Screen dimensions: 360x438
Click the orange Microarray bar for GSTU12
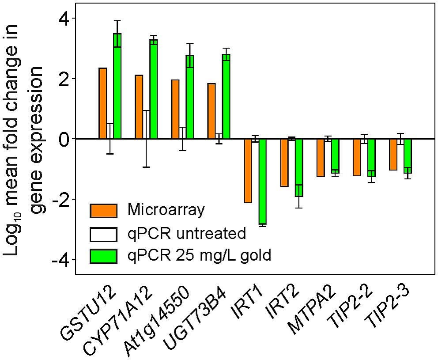pyautogui.click(x=103, y=103)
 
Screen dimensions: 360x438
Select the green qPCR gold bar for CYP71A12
pyautogui.click(x=154, y=89)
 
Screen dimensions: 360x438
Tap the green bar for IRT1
pyautogui.click(x=263, y=182)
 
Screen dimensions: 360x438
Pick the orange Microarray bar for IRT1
pyautogui.click(x=248, y=171)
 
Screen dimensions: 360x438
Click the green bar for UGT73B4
pyautogui.click(x=226, y=96)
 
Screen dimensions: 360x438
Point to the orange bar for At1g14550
pyautogui.click(x=175, y=109)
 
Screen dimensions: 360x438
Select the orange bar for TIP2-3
pyautogui.click(x=393, y=154)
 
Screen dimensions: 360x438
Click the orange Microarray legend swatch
pyautogui.click(x=103, y=211)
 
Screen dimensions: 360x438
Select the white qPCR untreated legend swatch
pyautogui.click(x=103, y=234)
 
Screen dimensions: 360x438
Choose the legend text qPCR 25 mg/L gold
pyautogui.click(x=199, y=255)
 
